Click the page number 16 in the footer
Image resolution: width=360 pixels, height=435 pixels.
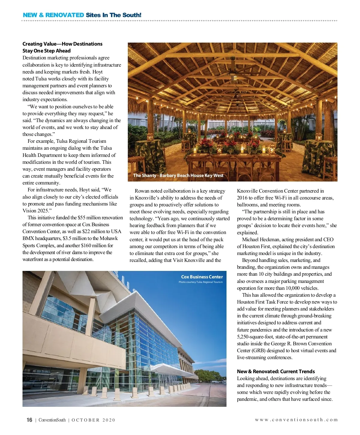click(x=29, y=420)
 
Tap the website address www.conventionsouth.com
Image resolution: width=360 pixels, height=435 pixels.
click(x=296, y=420)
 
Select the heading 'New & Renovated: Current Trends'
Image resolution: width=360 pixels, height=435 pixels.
click(x=276, y=371)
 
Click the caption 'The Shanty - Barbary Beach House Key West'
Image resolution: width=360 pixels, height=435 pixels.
click(x=178, y=175)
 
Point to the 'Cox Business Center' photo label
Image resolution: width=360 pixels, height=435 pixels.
click(x=202, y=277)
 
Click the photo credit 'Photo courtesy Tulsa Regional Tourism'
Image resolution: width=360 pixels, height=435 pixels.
click(x=201, y=282)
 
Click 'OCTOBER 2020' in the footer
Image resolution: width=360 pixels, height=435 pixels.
click(x=93, y=420)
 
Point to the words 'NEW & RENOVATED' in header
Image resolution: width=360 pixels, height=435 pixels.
click(x=53, y=15)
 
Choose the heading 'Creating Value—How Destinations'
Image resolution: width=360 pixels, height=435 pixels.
click(x=62, y=44)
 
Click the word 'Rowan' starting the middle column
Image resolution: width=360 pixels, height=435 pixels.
click(x=142, y=191)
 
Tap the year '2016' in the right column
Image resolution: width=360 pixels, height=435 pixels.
click(x=242, y=198)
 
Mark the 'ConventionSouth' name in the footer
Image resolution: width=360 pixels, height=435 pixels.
click(x=52, y=420)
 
